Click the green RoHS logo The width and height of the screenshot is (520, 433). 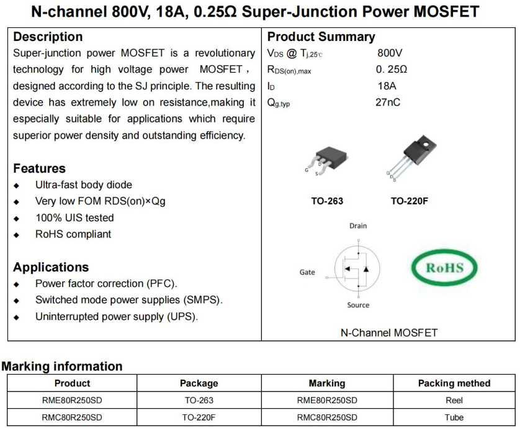[445, 268]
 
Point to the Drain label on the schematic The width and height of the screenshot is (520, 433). [358, 226]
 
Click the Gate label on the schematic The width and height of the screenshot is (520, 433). [307, 272]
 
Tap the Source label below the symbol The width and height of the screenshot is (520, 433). [358, 305]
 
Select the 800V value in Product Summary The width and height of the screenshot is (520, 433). [389, 53]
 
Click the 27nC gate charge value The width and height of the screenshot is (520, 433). [388, 102]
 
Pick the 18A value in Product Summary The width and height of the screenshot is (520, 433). [387, 86]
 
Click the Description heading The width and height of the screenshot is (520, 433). [48, 37]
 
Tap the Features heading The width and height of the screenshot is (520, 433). [39, 168]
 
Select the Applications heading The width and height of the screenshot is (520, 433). [51, 267]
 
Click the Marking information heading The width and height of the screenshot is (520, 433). [62, 367]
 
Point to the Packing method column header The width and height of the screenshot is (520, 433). [454, 383]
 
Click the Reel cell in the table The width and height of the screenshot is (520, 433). [454, 401]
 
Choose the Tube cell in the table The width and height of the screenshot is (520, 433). [454, 417]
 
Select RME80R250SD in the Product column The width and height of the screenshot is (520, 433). [72, 401]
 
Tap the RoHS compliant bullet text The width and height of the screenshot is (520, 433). [73, 234]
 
